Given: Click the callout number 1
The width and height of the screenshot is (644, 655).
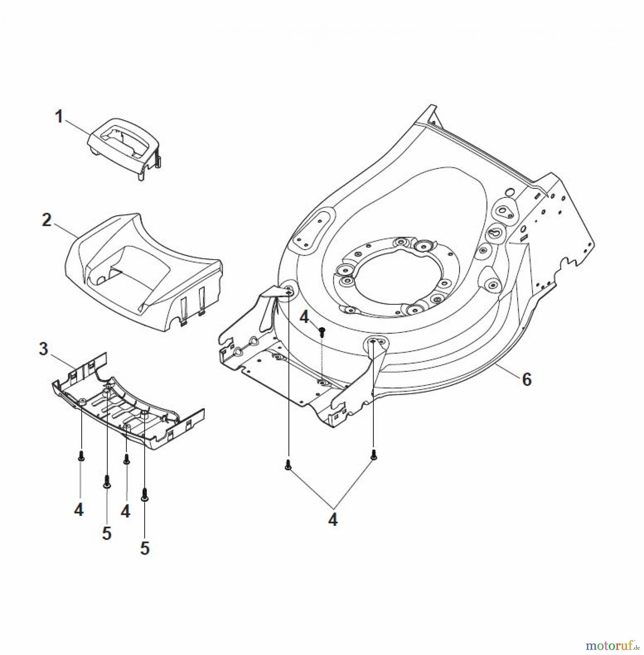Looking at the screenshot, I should click(59, 118).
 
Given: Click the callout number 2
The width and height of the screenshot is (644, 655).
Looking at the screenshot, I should click(47, 220).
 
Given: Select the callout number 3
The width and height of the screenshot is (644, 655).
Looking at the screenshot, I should click(43, 349).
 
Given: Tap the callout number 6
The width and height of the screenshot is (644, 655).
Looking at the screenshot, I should click(527, 380).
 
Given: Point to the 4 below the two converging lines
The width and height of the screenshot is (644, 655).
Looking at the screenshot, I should click(333, 520).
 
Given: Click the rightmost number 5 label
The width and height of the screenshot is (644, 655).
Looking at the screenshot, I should click(145, 548).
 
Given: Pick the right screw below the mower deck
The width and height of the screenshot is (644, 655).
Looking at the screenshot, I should click(373, 454).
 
